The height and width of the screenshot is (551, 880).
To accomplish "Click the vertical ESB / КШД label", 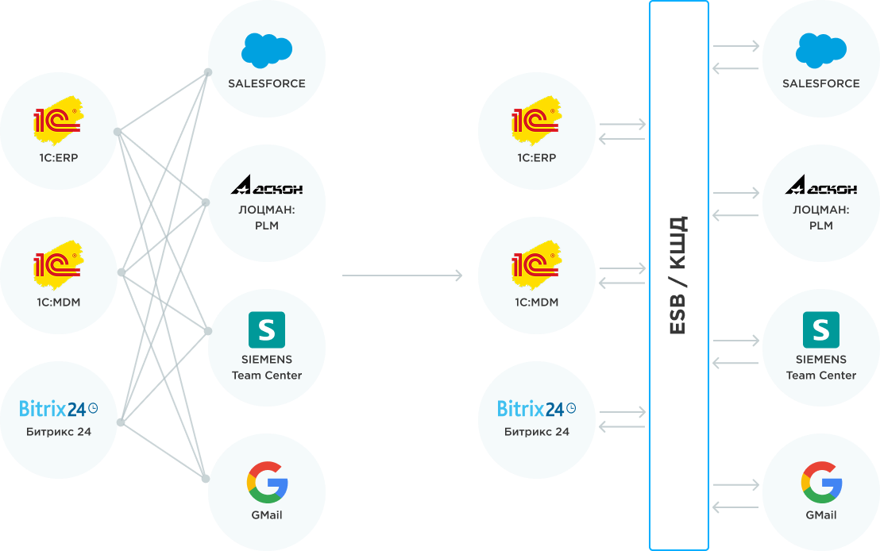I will click(677, 275).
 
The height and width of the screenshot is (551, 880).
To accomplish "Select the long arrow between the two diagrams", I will click(402, 275).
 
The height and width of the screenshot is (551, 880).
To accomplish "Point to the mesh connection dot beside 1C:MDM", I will click(120, 272).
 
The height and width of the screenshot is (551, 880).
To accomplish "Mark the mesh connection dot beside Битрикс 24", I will click(120, 422).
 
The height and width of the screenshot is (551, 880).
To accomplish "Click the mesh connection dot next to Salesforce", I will click(208, 72).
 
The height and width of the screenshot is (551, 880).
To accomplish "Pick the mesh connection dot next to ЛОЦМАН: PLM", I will click(206, 203).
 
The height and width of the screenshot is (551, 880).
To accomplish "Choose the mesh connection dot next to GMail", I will click(206, 479).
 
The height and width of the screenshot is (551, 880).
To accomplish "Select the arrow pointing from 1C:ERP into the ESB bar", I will click(623, 124).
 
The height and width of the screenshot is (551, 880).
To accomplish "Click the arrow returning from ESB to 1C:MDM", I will click(623, 283).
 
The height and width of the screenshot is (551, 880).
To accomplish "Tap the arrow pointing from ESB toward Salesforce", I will click(736, 46).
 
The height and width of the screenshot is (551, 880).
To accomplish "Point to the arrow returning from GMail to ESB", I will click(736, 507).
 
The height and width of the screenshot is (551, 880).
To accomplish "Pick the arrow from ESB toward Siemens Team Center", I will click(736, 341).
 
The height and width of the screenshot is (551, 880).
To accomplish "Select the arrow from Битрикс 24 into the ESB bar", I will click(623, 411).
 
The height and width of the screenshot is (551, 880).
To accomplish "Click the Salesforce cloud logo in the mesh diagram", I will click(266, 51).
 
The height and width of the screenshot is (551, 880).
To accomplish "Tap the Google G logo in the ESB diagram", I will click(821, 482).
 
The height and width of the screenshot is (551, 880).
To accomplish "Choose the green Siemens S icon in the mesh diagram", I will click(266, 329).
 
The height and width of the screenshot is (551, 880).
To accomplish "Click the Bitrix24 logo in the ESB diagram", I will click(536, 409).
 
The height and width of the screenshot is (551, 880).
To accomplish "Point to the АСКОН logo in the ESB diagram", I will click(821, 188).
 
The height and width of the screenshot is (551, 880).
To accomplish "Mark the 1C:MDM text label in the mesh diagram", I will click(58, 302).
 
